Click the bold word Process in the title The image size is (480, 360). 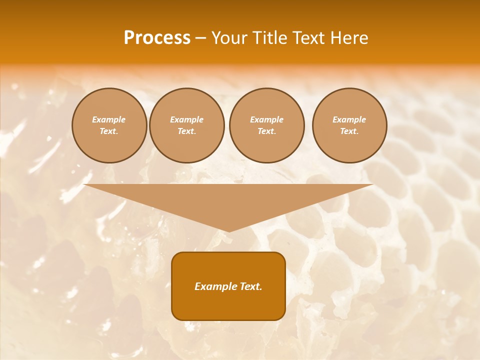157,38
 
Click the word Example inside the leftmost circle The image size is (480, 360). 109,119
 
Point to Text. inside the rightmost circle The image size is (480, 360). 349,131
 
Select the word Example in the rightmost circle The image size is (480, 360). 349,119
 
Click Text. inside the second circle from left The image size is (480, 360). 187,131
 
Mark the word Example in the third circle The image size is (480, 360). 267,119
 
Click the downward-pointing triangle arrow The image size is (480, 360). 228,200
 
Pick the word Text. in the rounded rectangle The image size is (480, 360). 250,286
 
